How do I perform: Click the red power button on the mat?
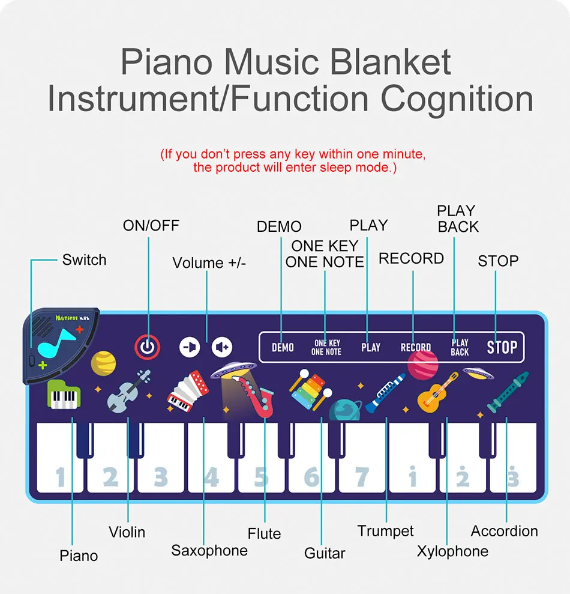[147, 347]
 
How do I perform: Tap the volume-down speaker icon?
[190, 347]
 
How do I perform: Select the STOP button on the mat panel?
[502, 347]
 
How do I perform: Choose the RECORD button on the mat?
[416, 347]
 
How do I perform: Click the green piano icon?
[63, 395]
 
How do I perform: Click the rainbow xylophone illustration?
[310, 389]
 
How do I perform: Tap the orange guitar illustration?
[438, 390]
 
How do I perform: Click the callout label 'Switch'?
[84, 260]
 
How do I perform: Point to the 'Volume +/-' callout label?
[209, 263]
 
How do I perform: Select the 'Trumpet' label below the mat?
[385, 531]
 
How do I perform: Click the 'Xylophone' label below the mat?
[452, 551]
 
